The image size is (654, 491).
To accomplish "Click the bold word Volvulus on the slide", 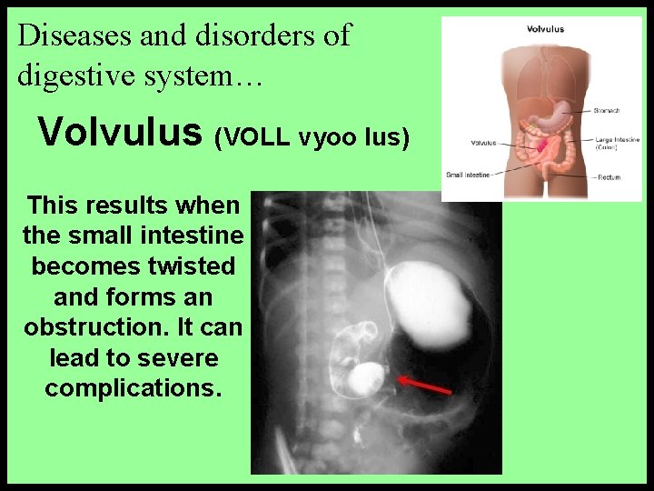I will click(119, 132).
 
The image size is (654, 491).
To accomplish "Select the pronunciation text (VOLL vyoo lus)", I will click(312, 137).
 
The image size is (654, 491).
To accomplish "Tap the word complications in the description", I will click(132, 387).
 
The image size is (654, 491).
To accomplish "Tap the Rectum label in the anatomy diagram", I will click(608, 176).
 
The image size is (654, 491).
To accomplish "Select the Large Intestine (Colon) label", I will click(617, 142).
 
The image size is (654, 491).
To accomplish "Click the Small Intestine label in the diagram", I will click(467, 175).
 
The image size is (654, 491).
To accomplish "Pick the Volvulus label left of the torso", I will click(482, 143).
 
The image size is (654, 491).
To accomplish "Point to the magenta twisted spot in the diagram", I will click(543, 145).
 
